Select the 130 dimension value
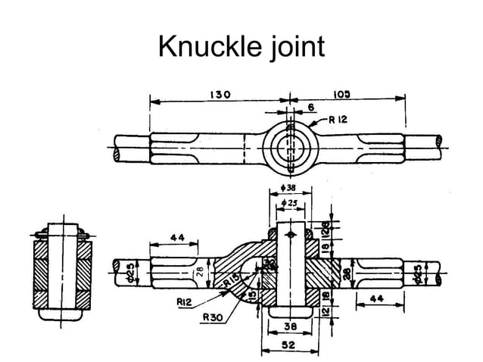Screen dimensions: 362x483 (x=220, y=94)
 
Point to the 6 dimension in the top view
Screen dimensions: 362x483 (x=310, y=108)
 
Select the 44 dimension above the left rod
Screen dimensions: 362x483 (x=177, y=237)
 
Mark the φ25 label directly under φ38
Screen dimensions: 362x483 (x=290, y=202)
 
